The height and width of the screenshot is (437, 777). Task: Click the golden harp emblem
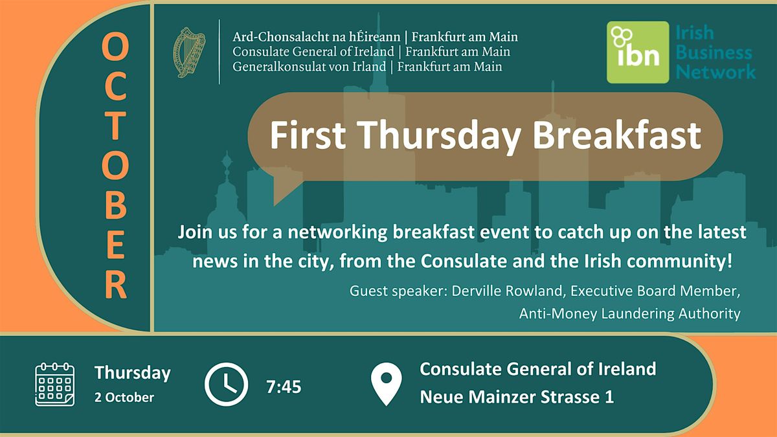coord(189,52)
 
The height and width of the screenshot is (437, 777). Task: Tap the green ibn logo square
coord(638,52)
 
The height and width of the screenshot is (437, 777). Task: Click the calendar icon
coord(55,385)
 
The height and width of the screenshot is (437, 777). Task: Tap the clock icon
coord(226,385)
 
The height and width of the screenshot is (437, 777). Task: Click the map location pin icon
coord(386,384)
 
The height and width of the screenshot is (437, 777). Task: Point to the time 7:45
coord(284,387)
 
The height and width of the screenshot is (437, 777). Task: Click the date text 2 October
coord(124,398)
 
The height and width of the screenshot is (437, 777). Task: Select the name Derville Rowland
coord(507,291)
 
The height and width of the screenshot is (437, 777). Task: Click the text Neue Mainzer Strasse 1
coord(517,397)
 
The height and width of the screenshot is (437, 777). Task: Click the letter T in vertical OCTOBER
coord(116,125)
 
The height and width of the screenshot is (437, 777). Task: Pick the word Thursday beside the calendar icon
coord(133,373)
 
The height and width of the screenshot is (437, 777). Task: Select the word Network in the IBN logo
coord(715,72)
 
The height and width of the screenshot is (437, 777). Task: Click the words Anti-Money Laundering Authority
coord(629,313)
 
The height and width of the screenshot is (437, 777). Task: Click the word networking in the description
coord(337,232)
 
